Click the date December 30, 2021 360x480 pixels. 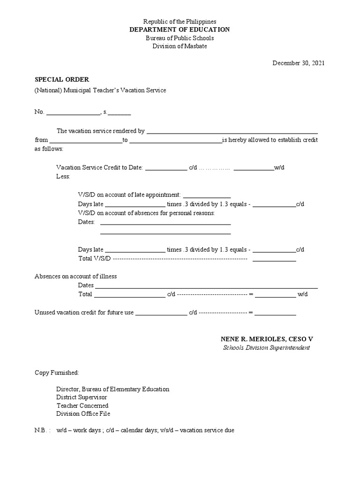tap(299, 63)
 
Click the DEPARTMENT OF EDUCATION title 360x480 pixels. tap(180, 30)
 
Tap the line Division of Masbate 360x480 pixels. tap(180, 46)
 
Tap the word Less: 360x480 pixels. tap(63, 176)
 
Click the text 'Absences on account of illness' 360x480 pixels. tap(75, 276)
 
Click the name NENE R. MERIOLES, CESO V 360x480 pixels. tap(266, 338)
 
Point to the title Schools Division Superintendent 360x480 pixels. tap(266, 348)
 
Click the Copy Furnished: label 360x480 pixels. tap(57, 373)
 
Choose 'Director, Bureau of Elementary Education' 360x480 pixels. tap(112, 389)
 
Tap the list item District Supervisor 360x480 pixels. tap(82, 397)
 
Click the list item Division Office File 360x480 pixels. tap(83, 414)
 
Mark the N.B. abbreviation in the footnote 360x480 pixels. tap(42, 430)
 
